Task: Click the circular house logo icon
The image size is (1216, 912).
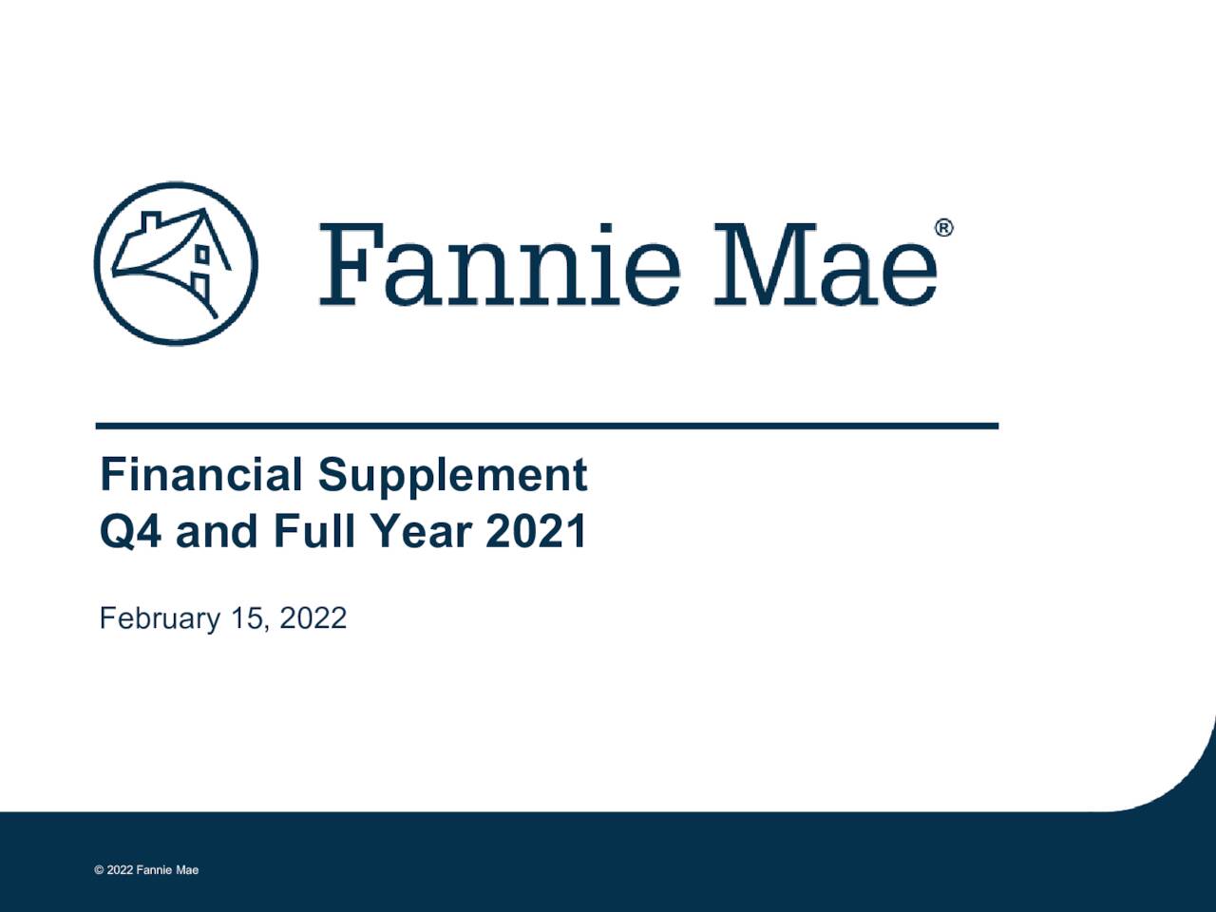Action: coord(176,263)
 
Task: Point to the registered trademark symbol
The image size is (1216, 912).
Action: coord(943,228)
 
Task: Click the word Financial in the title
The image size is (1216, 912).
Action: coord(201,474)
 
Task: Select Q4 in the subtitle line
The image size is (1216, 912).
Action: coord(130,530)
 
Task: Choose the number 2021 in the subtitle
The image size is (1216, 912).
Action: coord(537,530)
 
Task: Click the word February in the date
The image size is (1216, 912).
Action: coord(160,618)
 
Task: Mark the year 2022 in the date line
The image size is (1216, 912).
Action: coord(313,618)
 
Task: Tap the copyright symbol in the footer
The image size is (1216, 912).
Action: coord(99,870)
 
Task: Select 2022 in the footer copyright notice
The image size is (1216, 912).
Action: coord(120,870)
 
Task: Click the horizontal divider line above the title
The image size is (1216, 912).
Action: coord(547,426)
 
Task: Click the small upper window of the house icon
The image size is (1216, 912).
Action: coord(202,254)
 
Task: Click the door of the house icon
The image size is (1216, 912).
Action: coord(199,286)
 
